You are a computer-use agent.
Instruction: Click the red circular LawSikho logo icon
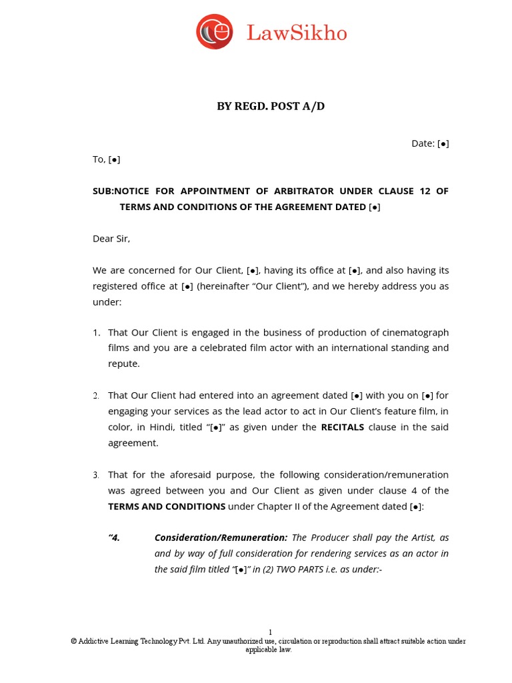tap(215, 31)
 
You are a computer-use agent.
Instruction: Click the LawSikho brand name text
tap(297, 33)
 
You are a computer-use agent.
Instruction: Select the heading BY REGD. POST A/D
tap(271, 106)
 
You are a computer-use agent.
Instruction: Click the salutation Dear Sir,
tap(111, 238)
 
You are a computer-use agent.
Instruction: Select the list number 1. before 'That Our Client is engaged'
tap(97, 332)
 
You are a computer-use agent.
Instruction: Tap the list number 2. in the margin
tap(97, 396)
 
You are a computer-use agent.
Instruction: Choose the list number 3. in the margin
tap(97, 475)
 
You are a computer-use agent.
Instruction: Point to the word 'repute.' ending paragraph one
tap(124, 364)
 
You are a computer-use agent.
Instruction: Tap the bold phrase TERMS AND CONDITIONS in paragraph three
tap(167, 506)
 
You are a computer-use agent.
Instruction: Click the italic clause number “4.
tap(114, 538)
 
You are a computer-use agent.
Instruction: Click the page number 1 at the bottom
tap(270, 632)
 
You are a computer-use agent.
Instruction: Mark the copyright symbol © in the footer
tap(74, 642)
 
